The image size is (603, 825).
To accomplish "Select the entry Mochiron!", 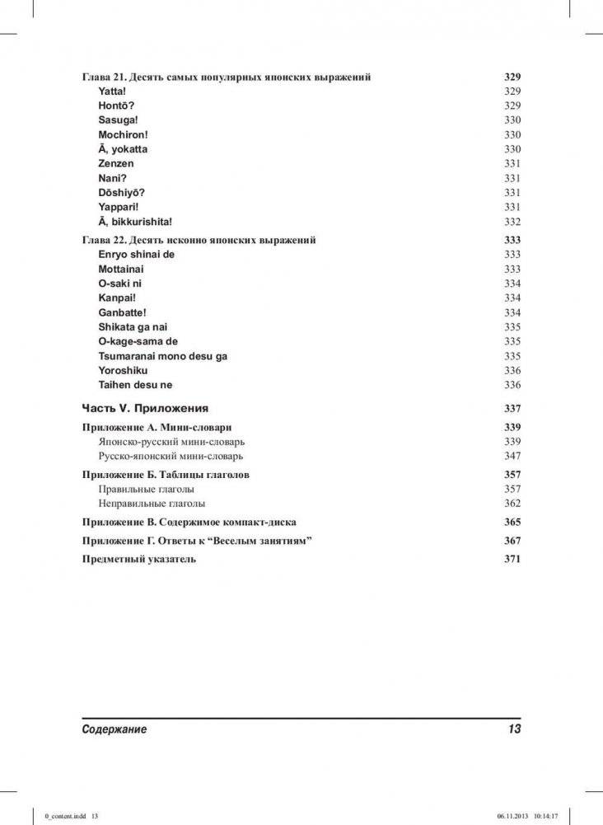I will (x=123, y=134).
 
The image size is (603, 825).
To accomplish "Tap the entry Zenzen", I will (x=116, y=164).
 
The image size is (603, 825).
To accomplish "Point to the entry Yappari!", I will (x=119, y=207).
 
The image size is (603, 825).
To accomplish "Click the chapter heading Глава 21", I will (x=226, y=77).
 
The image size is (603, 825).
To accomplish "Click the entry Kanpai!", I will (x=117, y=298).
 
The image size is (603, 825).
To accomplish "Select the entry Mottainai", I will (x=124, y=269).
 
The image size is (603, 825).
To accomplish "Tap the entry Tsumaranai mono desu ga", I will (x=162, y=356).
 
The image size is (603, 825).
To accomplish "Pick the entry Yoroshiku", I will (x=123, y=370).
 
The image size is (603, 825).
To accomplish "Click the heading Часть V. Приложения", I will (x=145, y=408).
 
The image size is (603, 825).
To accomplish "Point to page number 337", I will (x=512, y=409).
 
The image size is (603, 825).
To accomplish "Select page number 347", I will (x=512, y=456).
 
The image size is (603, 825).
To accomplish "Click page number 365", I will (x=512, y=522).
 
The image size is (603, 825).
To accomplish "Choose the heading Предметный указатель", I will (x=139, y=559).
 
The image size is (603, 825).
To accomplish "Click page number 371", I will (x=512, y=559).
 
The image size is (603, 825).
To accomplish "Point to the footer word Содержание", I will (x=115, y=729).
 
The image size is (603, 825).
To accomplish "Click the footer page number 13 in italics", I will (x=514, y=729).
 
